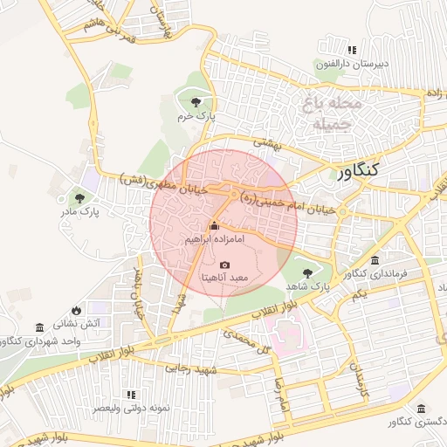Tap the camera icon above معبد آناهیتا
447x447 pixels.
pos(224,265)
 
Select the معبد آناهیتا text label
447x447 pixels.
pos(225,278)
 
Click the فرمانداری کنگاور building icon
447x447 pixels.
pos(375,261)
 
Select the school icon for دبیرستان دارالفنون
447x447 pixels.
pos(352,50)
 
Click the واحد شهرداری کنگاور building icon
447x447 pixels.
pos(39,327)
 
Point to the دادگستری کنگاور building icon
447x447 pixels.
pos(421,409)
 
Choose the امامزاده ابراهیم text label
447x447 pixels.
pos(214,238)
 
